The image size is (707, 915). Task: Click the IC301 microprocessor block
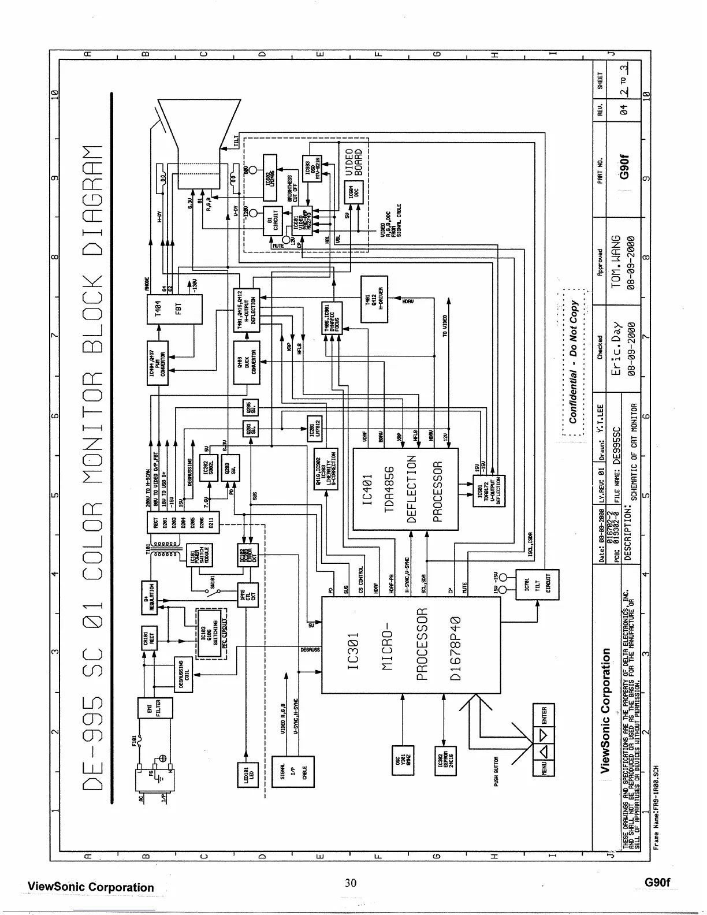(411, 645)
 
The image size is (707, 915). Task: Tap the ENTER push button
(543, 716)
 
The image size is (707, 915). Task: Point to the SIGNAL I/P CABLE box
(293, 771)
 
